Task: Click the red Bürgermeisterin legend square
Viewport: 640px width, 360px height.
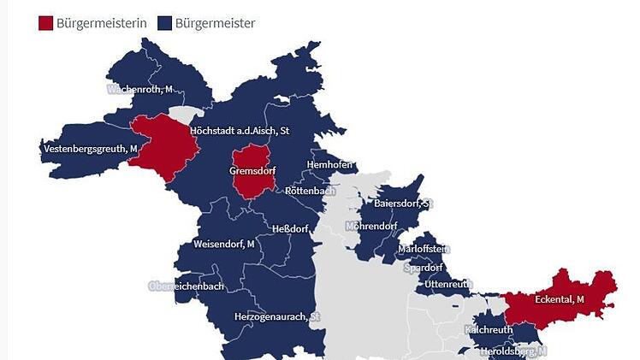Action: tap(45, 23)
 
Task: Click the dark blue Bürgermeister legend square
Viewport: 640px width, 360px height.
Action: tap(164, 23)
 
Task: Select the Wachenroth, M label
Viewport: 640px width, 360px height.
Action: tap(140, 89)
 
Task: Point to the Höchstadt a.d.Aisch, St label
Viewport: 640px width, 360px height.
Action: tap(240, 131)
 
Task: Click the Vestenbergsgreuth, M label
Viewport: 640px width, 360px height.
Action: tap(89, 149)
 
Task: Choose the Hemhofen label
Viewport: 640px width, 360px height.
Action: tap(330, 164)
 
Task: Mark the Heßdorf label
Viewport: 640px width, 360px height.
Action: tap(283, 229)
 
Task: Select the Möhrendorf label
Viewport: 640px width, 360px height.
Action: tap(371, 227)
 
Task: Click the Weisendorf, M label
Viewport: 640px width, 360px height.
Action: tap(224, 245)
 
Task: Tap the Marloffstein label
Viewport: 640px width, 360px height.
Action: tap(423, 249)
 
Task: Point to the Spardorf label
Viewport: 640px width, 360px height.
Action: tap(423, 268)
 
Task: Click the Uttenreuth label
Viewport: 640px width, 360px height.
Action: tap(448, 284)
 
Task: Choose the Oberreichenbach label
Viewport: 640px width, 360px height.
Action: tap(187, 286)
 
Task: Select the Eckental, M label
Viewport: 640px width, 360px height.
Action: tap(559, 299)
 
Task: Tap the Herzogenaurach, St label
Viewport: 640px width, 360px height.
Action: tap(276, 317)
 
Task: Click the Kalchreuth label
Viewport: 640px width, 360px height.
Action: tap(489, 330)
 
